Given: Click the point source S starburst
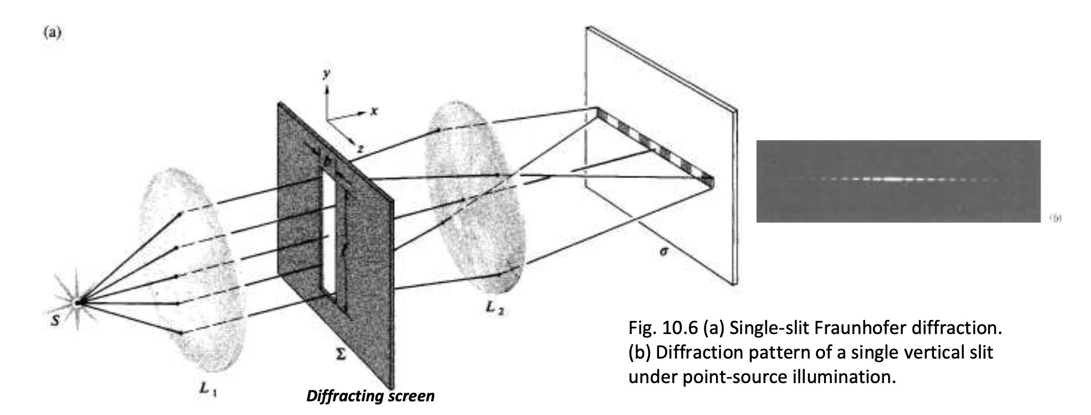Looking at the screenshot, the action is tap(78, 302).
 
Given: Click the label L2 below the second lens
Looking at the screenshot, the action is tap(494, 308).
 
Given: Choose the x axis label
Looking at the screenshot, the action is tap(373, 112).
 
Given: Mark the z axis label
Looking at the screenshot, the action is tap(360, 149).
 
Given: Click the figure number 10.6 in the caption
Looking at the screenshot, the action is tap(681, 329).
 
